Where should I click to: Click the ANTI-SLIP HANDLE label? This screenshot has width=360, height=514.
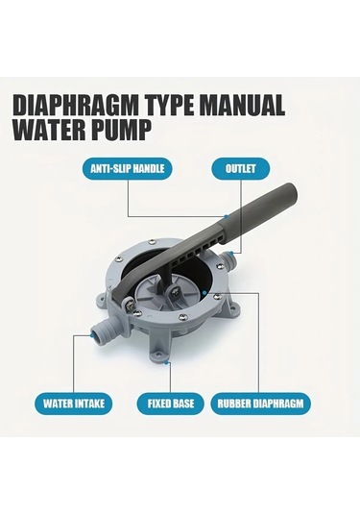[x=127, y=169]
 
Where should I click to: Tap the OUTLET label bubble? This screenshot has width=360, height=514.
[x=240, y=169]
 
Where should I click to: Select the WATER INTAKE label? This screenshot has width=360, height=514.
[x=74, y=404]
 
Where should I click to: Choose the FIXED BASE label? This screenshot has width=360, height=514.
[x=170, y=404]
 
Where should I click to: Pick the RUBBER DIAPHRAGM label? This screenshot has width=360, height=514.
[x=260, y=404]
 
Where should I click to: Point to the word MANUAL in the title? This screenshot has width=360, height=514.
[x=243, y=105]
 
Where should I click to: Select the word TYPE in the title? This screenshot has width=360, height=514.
[x=169, y=105]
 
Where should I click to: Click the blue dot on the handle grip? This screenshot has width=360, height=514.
[x=226, y=217]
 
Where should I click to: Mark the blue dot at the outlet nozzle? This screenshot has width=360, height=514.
[x=231, y=253]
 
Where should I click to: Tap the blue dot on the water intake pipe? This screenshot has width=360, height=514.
[x=91, y=335]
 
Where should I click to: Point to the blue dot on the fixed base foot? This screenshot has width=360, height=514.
[x=166, y=362]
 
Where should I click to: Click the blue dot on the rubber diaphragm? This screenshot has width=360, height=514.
[x=204, y=292]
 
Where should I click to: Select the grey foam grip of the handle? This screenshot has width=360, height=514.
[x=259, y=213]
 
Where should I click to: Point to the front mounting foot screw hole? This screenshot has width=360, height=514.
[x=157, y=355]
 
